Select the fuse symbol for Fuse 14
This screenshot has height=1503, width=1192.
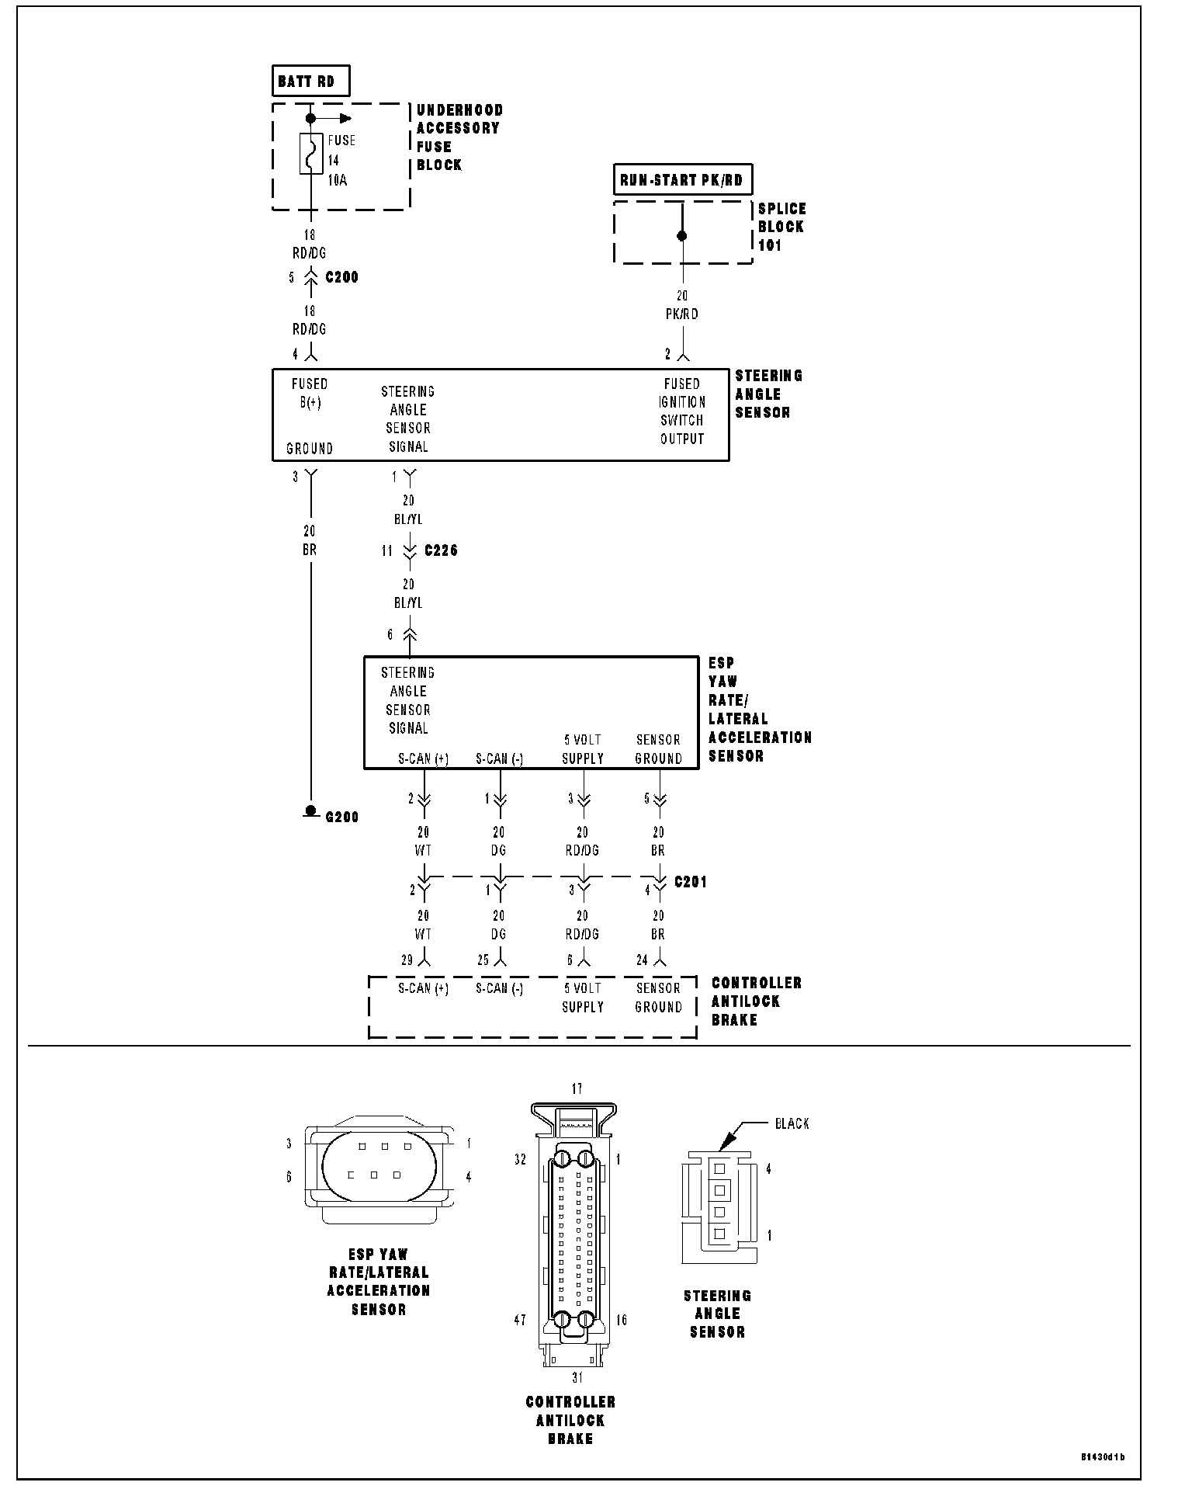311,154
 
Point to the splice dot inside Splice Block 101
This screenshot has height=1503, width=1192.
682,235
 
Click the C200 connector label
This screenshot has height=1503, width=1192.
342,277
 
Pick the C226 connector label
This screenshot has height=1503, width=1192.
441,550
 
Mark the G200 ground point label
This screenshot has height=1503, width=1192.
342,817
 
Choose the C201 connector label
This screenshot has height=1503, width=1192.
691,882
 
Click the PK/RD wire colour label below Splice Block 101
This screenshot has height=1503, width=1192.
682,314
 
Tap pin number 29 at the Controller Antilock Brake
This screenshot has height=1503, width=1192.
407,960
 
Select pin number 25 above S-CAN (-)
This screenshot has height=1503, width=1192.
483,960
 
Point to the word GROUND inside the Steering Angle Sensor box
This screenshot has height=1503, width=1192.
310,449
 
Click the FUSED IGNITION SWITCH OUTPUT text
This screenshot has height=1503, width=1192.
682,411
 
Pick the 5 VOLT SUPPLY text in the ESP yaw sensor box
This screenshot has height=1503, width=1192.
583,749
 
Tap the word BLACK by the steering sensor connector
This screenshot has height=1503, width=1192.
792,1123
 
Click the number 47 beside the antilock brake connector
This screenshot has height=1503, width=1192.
520,1320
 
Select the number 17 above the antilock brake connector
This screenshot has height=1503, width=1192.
577,1089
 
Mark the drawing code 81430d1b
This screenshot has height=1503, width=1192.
1103,1456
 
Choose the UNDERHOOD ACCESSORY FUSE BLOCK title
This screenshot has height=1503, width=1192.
459,137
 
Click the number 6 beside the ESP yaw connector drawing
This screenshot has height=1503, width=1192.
289,1177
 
